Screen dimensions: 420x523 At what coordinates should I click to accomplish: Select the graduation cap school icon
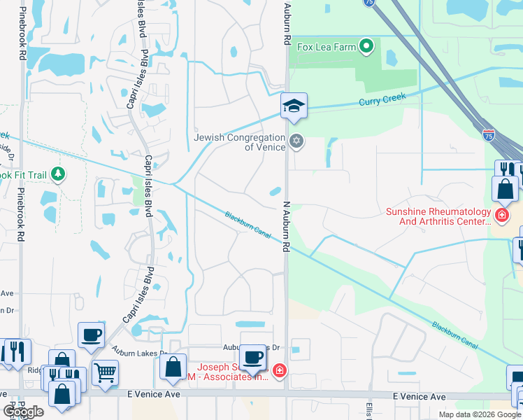[294, 106]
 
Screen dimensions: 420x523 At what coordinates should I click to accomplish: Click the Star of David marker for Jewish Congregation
[296, 141]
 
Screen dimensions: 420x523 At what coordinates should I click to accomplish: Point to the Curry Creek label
[382, 99]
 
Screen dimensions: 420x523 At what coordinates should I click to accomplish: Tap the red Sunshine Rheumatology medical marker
[501, 213]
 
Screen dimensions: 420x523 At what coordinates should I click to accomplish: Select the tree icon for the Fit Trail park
[59, 174]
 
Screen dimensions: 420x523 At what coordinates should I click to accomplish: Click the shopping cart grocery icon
[105, 372]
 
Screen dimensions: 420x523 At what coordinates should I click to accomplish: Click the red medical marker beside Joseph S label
[279, 370]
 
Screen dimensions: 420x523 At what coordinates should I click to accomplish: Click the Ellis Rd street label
[368, 409]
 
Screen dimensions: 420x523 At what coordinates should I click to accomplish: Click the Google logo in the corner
[24, 412]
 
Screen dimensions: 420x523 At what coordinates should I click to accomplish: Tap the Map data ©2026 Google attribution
[479, 414]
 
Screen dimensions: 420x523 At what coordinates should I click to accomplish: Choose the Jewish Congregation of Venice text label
[239, 142]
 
